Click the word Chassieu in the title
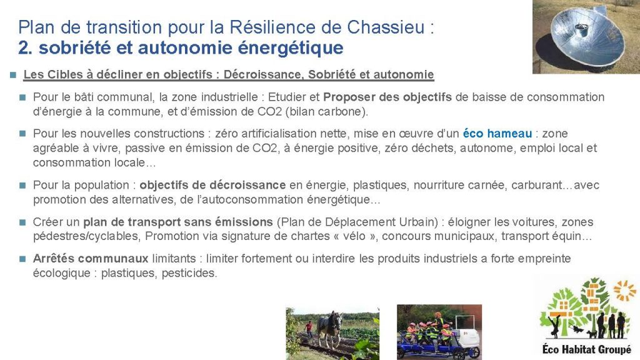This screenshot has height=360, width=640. [386, 27]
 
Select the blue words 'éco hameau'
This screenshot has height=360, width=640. [497, 134]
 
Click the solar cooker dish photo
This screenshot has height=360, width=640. [586, 37]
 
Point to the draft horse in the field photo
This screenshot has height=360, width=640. [330, 329]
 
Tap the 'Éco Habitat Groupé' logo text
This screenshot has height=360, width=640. [586, 349]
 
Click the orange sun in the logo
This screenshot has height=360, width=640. [624, 290]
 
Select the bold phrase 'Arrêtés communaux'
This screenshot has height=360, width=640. [91, 258]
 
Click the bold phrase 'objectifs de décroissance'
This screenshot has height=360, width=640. [212, 185]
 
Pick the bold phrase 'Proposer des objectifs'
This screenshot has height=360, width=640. [387, 97]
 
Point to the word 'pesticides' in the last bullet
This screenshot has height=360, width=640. [189, 273]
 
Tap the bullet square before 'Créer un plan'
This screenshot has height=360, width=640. [22, 222]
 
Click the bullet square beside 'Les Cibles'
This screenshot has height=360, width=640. [13, 75]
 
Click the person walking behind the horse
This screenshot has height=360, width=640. [309, 329]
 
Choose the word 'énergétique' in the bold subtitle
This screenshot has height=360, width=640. [291, 48]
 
